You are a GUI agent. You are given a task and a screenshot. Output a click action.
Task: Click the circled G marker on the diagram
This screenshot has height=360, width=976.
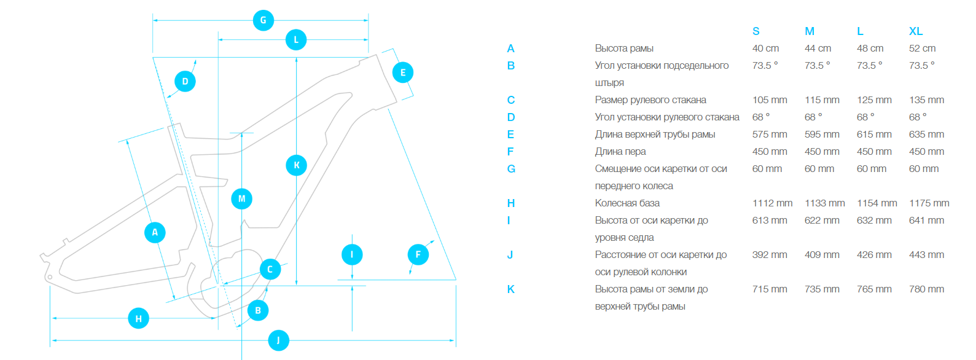click(x=264, y=20)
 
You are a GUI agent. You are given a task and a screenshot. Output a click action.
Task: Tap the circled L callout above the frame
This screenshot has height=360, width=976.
click(x=296, y=40)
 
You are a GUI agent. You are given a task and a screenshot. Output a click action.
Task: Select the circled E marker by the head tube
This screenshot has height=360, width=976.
click(x=403, y=72)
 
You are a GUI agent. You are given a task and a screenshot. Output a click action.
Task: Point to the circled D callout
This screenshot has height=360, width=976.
click(x=185, y=81)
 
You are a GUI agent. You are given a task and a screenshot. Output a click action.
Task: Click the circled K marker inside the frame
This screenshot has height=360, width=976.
click(x=297, y=165)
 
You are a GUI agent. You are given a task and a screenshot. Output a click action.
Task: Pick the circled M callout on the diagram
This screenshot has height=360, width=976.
click(x=241, y=198)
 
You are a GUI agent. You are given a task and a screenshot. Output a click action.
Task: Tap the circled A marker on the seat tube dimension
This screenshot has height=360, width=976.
click(x=155, y=232)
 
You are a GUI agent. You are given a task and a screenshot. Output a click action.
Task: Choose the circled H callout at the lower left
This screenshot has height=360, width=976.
click(x=138, y=318)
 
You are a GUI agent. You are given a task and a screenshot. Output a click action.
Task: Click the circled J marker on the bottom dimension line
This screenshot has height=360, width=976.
click(x=279, y=340)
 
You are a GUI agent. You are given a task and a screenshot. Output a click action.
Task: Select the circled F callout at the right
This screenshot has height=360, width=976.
click(x=418, y=254)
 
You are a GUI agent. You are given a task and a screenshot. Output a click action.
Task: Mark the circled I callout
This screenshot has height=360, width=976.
click(x=352, y=254)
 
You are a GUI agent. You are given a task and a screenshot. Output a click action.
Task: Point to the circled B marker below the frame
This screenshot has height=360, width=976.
click(x=258, y=310)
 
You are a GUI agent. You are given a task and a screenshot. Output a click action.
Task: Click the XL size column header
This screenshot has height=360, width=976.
click(x=916, y=31)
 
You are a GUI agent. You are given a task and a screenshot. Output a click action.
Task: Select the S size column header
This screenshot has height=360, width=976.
click(x=756, y=31)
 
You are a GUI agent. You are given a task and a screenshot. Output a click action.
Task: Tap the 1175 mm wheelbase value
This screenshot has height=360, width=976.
click(x=929, y=203)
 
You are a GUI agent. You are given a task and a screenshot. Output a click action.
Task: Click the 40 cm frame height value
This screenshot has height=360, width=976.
click(x=765, y=48)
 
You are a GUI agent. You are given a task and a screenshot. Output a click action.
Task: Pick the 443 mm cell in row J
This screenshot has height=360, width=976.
click(x=926, y=254)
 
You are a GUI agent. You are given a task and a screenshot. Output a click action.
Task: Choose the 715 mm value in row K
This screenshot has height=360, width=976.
click(x=770, y=289)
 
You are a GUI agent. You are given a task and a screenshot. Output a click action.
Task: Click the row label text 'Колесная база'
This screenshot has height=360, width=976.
click(x=627, y=203)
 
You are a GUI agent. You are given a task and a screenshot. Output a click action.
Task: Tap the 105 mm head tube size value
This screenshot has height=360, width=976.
click(x=770, y=100)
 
